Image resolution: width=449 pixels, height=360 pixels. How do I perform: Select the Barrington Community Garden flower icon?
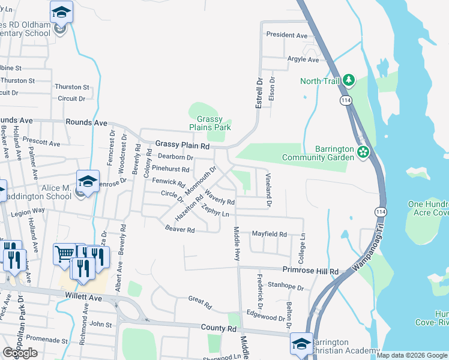[363, 152]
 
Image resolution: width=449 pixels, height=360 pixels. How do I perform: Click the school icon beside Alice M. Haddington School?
[87, 181]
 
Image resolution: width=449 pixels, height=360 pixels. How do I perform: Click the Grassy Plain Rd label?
[182, 145]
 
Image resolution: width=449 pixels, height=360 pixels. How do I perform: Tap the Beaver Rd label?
[180, 229]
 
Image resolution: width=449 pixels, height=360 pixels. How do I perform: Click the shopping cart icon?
[64, 253]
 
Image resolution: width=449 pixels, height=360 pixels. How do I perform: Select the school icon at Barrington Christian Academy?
[301, 343]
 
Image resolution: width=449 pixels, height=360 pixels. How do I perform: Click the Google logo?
[20, 353]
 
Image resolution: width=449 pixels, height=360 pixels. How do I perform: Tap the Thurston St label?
[72, 87]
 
